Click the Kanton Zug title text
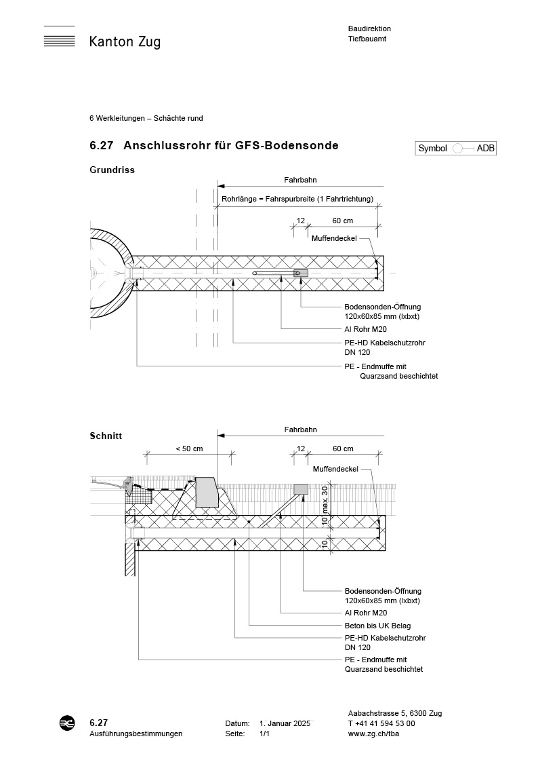coord(125,42)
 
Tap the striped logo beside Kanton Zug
coord(59,37)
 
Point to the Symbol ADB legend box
coord(456,149)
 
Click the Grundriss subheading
coord(112,170)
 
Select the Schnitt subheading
coord(106,436)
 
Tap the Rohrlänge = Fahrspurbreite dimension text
coord(297,199)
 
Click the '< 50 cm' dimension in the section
coord(189,449)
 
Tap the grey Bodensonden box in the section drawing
coord(300,489)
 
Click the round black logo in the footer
coord(67,723)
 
